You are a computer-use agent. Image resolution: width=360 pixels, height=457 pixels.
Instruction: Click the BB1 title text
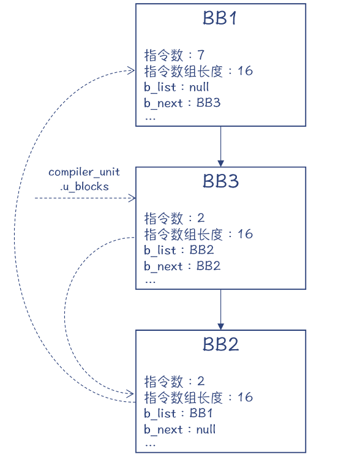pyautogui.click(x=220, y=18)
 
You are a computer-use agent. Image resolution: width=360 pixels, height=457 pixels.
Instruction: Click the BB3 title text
pyautogui.click(x=220, y=181)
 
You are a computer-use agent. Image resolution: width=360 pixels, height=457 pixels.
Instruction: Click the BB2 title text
pyautogui.click(x=220, y=344)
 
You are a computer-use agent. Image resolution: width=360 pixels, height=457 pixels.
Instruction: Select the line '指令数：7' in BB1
pyautogui.click(x=174, y=55)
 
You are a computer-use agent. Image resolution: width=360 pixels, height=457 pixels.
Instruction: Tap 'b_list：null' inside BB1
pyautogui.click(x=176, y=87)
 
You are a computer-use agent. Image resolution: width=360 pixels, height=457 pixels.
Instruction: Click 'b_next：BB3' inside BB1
pyautogui.click(x=182, y=103)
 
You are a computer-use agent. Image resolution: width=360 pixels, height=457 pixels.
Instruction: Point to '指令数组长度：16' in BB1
pyautogui.click(x=198, y=71)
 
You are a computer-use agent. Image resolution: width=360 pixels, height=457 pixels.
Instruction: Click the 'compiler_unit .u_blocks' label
pyautogui.click(x=84, y=179)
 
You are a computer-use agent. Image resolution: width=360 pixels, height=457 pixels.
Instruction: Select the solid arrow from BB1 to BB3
pyautogui.click(x=220, y=146)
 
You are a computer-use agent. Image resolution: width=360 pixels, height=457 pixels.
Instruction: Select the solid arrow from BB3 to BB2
pyautogui.click(x=220, y=309)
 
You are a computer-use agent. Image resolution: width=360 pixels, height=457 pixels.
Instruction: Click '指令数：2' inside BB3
pyautogui.click(x=174, y=218)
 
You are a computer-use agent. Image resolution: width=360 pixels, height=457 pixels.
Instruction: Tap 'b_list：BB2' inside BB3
pyautogui.click(x=178, y=250)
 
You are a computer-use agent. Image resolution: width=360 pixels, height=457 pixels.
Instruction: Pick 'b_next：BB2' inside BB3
pyautogui.click(x=182, y=266)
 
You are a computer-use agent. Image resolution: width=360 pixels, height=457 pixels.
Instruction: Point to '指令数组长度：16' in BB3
pyautogui.click(x=198, y=234)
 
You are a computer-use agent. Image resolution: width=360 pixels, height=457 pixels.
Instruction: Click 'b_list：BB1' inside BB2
pyautogui.click(x=178, y=413)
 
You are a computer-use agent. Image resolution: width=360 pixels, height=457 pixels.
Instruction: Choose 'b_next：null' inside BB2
pyautogui.click(x=179, y=429)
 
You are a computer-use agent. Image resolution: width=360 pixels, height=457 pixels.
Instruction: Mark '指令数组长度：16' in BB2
pyautogui.click(x=198, y=397)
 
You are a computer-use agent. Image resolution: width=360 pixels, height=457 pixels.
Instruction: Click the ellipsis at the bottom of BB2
pyautogui.click(x=150, y=443)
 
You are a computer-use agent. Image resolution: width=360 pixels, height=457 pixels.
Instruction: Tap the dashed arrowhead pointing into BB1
pyautogui.click(x=131, y=71)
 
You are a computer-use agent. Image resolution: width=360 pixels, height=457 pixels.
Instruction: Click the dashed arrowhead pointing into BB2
pyautogui.click(x=131, y=392)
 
